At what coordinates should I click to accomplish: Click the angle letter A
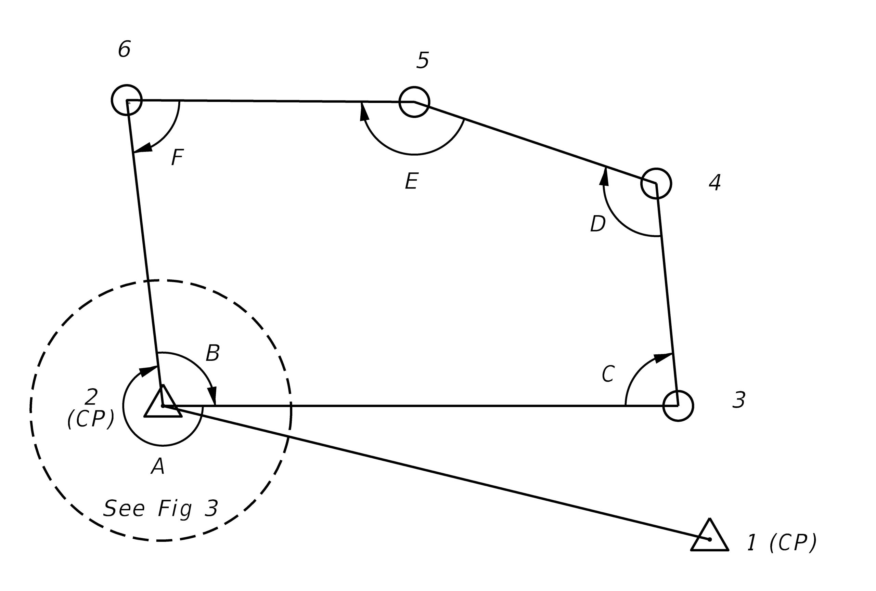tap(158, 466)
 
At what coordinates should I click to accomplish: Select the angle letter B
tap(212, 353)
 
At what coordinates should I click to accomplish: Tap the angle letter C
tap(608, 374)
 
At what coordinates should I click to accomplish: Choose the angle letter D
tap(598, 224)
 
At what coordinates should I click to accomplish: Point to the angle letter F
tap(177, 157)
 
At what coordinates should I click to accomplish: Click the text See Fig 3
tap(161, 508)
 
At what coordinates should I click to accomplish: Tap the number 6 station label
tap(125, 49)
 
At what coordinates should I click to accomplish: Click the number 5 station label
tap(423, 60)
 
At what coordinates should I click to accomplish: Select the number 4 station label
tap(715, 182)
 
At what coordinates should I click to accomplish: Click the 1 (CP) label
tap(782, 542)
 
